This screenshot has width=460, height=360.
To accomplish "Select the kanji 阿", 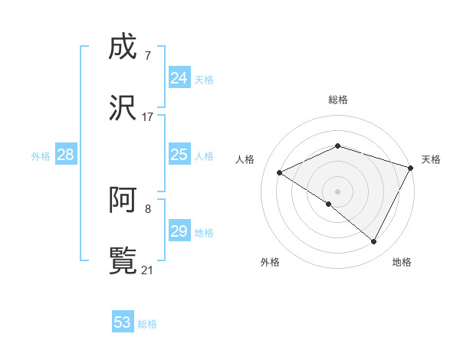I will coord(123,201).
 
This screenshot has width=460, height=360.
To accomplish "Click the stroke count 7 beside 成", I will coord(147,56).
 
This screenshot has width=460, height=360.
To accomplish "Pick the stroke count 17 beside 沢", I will coord(147,117).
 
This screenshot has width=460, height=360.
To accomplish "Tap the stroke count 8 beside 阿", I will coord(147,208).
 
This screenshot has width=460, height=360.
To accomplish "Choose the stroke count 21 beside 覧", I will coord(147,270).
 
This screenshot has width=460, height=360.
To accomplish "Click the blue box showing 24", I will coord(179,78).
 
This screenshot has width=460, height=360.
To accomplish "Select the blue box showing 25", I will coord(179,155).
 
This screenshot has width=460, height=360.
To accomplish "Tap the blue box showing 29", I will coord(179,231).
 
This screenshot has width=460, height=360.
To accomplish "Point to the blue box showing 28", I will coord(65,155).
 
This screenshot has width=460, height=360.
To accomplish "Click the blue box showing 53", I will coord(123,322).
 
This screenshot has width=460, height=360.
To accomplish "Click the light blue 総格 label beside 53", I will coord(147,324).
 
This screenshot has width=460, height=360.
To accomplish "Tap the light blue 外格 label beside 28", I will coord(41,156).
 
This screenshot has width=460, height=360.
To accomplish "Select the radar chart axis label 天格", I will coord(431,159).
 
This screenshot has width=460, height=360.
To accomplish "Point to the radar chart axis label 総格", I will coord(337,100).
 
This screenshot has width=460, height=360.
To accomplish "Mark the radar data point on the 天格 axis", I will coord(412,167).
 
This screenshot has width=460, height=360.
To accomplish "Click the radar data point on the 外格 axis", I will coord(329,204).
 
